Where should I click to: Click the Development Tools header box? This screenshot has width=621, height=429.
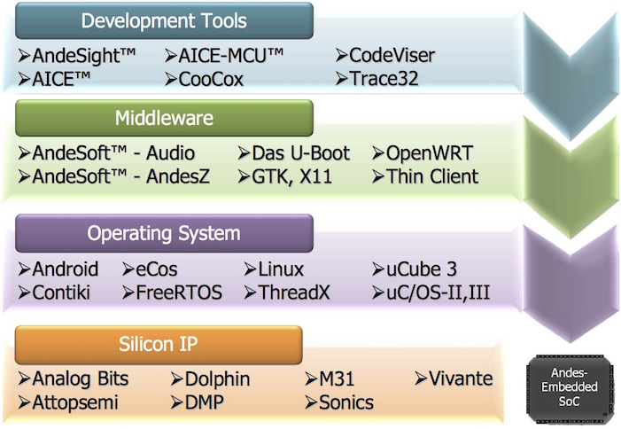click(164, 20)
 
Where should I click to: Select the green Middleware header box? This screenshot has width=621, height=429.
click(164, 118)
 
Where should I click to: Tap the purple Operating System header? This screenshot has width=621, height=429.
click(164, 234)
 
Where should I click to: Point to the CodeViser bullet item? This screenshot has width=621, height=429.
click(384, 56)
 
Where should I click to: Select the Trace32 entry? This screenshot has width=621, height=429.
click(376, 79)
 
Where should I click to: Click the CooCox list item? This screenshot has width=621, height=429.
click(210, 79)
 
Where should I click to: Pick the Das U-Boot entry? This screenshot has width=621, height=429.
click(295, 153)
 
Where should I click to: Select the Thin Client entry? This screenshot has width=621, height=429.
click(424, 176)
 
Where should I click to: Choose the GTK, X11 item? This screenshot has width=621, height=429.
click(285, 176)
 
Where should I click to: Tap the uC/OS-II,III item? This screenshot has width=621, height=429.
click(432, 292)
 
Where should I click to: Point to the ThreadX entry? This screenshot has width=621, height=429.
click(287, 292)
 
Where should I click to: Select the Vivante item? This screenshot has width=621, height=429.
click(454, 379)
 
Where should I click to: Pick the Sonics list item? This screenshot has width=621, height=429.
click(339, 402)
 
